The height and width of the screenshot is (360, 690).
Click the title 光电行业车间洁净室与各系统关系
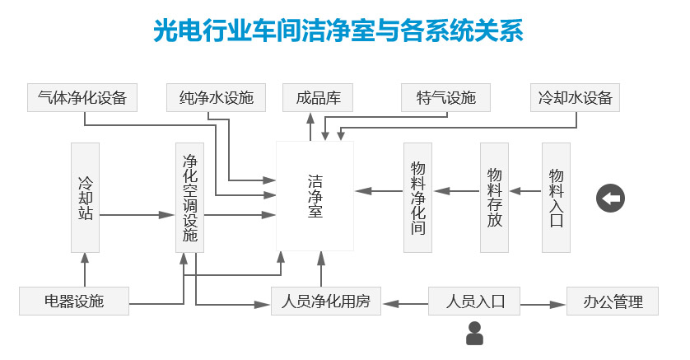[x=338, y=31]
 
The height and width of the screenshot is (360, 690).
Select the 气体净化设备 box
[x=82, y=97]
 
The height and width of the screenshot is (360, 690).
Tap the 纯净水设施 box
[x=216, y=97]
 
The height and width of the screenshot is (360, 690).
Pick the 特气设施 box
[x=445, y=97]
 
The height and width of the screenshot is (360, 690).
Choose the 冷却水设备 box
[x=575, y=97]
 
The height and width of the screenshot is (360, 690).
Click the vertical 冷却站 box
[x=85, y=198]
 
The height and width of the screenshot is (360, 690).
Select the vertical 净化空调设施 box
[x=189, y=198]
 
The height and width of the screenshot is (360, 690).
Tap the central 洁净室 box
[x=315, y=196]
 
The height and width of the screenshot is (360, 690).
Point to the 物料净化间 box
[x=417, y=198]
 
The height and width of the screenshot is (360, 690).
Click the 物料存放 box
[x=494, y=198]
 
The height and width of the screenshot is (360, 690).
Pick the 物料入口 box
[x=556, y=198]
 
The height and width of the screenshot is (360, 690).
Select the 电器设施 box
[x=74, y=301]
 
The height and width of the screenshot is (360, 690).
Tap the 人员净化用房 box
[x=326, y=301]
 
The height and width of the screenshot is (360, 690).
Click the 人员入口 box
[x=474, y=301]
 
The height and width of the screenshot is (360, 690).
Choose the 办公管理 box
[x=613, y=301]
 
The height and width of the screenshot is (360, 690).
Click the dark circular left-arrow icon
[x=610, y=199]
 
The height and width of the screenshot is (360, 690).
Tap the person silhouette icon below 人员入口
[x=474, y=334]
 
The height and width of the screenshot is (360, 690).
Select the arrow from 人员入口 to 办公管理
[x=543, y=303]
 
